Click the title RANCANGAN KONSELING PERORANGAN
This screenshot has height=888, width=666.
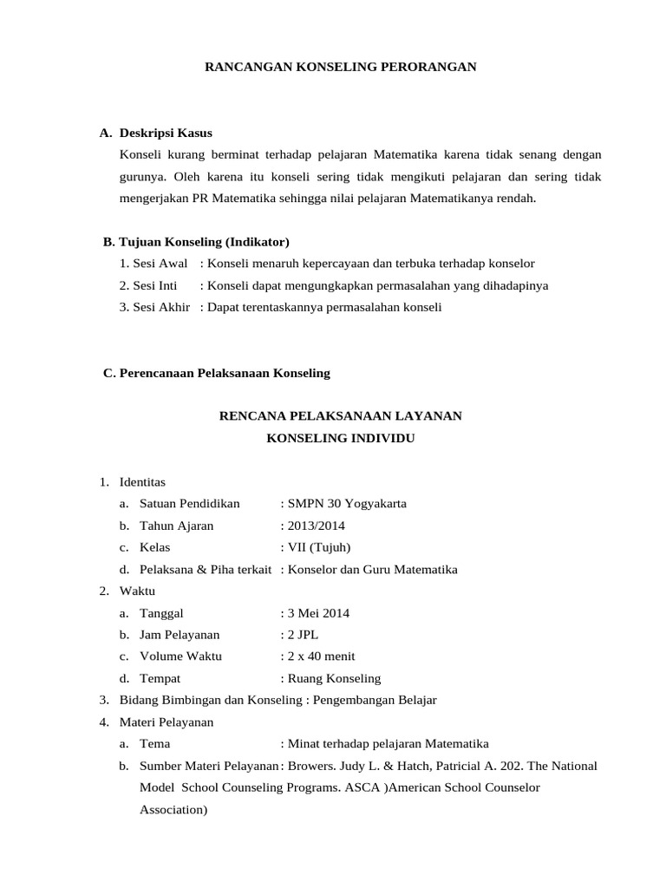click(x=339, y=66)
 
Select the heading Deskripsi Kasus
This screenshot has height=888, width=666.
click(x=166, y=133)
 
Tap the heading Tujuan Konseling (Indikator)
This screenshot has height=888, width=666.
click(x=204, y=240)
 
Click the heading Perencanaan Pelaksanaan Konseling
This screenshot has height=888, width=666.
click(x=224, y=373)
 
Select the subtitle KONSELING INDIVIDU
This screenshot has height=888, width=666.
click(x=340, y=439)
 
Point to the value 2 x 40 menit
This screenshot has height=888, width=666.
click(x=321, y=656)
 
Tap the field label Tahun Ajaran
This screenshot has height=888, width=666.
click(x=176, y=526)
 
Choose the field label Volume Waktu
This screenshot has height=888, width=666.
click(x=180, y=656)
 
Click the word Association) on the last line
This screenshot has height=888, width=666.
click(x=173, y=810)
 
